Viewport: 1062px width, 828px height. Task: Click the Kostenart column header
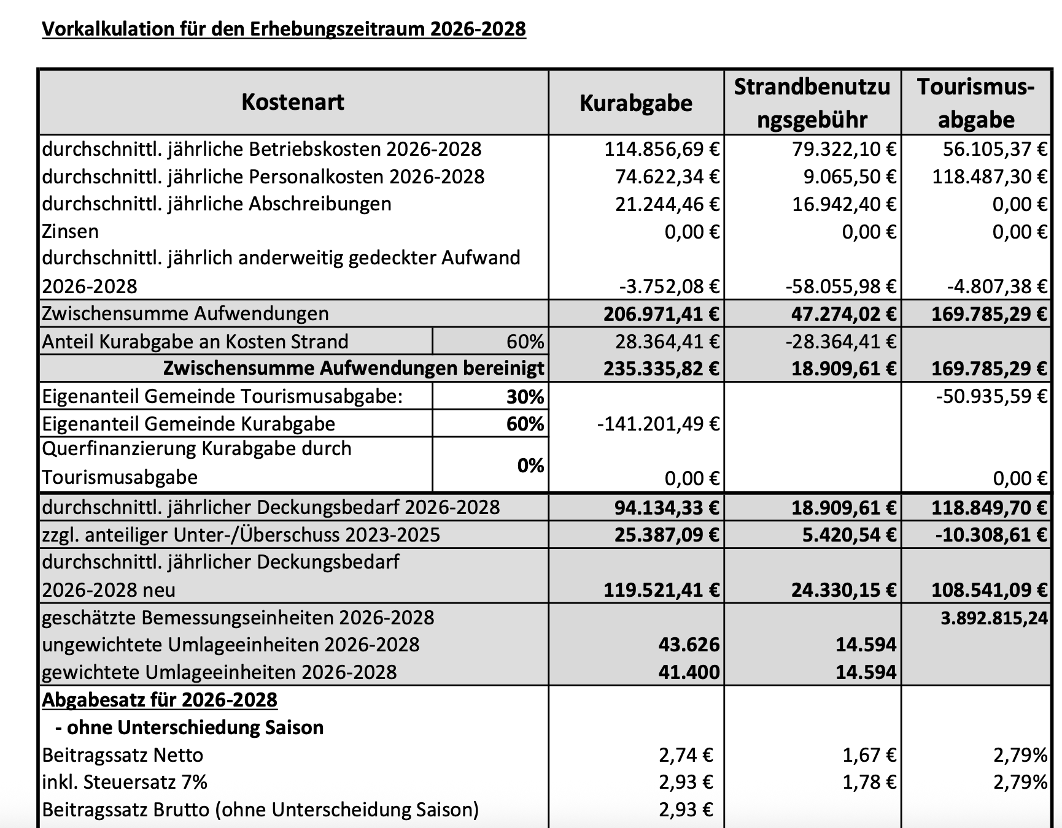tap(293, 102)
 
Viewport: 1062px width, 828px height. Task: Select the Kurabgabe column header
tap(635, 103)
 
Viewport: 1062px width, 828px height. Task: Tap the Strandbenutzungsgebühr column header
tap(812, 103)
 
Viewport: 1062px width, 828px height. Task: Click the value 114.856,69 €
tap(662, 149)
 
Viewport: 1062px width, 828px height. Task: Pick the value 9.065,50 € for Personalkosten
tap(850, 177)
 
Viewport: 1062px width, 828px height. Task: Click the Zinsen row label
tap(70, 231)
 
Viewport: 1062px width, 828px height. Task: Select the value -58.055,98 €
tap(841, 286)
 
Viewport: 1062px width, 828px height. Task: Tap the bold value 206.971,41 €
tap(661, 314)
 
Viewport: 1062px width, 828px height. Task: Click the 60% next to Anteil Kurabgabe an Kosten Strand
tap(525, 341)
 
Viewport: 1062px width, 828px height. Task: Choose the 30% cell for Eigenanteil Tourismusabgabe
tap(525, 397)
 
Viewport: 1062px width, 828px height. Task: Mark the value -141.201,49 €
tap(658, 424)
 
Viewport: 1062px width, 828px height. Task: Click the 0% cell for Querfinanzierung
tap(530, 466)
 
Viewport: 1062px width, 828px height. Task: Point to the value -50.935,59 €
tap(991, 396)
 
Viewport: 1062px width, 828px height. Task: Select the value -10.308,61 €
tap(991, 535)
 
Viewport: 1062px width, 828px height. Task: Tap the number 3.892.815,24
tap(994, 618)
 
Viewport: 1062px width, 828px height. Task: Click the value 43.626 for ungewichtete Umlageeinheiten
tap(689, 645)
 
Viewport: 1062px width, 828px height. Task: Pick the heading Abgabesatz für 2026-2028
tap(160, 700)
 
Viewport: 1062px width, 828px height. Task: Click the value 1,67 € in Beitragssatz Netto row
tap(869, 755)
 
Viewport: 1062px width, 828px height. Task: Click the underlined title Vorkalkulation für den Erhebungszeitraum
tap(284, 29)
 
